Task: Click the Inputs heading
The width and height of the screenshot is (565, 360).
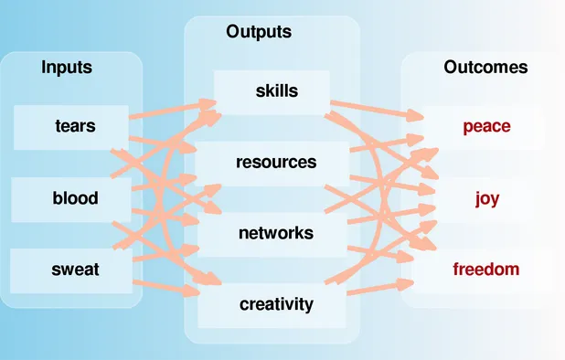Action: (67, 67)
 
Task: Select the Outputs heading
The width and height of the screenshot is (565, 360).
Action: (259, 32)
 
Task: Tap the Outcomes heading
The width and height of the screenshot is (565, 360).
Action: (485, 67)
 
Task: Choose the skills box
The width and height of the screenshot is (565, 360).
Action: (277, 90)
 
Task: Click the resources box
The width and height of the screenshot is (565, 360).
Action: (276, 163)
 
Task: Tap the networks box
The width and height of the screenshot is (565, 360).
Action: (276, 233)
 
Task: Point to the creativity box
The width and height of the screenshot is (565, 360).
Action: (276, 303)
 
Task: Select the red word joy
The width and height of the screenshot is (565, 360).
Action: (487, 197)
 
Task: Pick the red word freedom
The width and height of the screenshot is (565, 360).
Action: (486, 270)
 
